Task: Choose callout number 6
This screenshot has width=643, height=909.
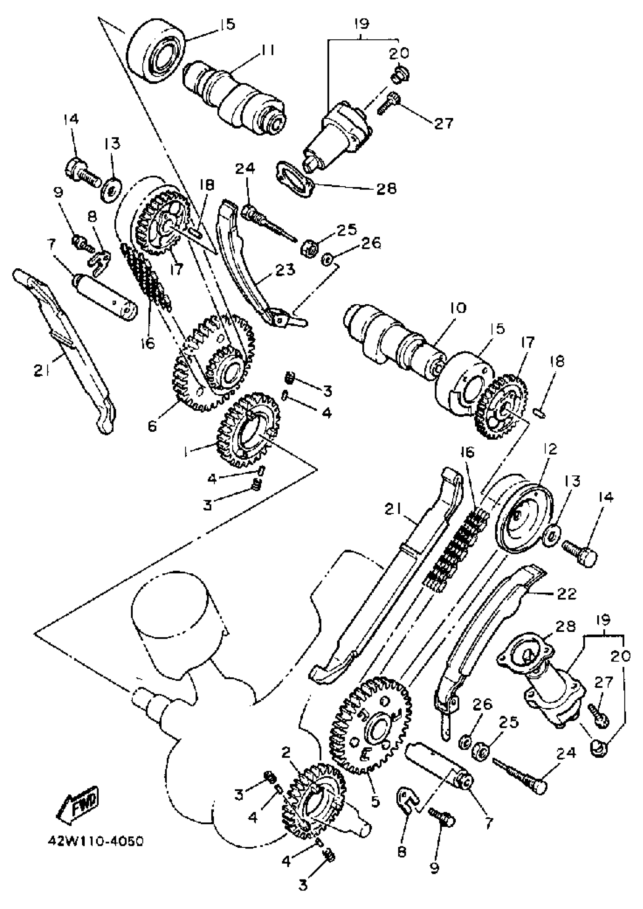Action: coord(152,426)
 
